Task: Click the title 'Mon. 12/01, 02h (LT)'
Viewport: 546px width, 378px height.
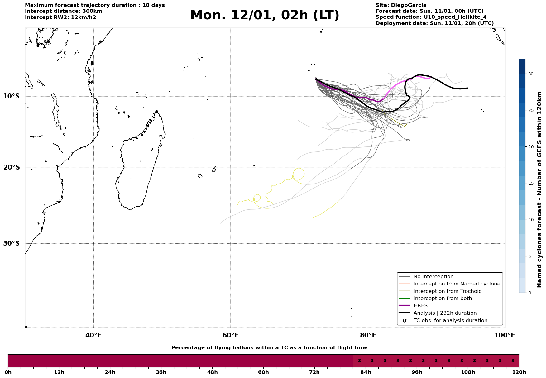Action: [265, 15]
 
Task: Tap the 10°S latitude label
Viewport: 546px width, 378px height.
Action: [12, 96]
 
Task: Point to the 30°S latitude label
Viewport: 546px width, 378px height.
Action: [12, 243]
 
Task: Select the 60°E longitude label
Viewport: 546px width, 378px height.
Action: [231, 335]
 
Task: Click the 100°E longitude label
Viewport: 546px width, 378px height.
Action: [505, 335]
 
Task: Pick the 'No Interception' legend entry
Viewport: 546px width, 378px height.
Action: [433, 277]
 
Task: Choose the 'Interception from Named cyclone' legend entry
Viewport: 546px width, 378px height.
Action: [457, 284]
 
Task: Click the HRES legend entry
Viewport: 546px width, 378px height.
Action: [420, 306]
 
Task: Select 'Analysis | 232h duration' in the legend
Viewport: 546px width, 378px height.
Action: [445, 313]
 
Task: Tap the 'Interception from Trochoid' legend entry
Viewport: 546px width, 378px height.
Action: [447, 291]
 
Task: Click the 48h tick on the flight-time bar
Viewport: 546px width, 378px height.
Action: [212, 372]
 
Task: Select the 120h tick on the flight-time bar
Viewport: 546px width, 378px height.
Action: [519, 372]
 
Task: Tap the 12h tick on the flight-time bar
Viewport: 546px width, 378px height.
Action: [59, 372]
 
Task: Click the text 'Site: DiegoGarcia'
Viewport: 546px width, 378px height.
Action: [401, 5]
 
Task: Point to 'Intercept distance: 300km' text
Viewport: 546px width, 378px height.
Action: [64, 11]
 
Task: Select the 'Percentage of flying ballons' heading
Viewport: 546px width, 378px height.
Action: [269, 348]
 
